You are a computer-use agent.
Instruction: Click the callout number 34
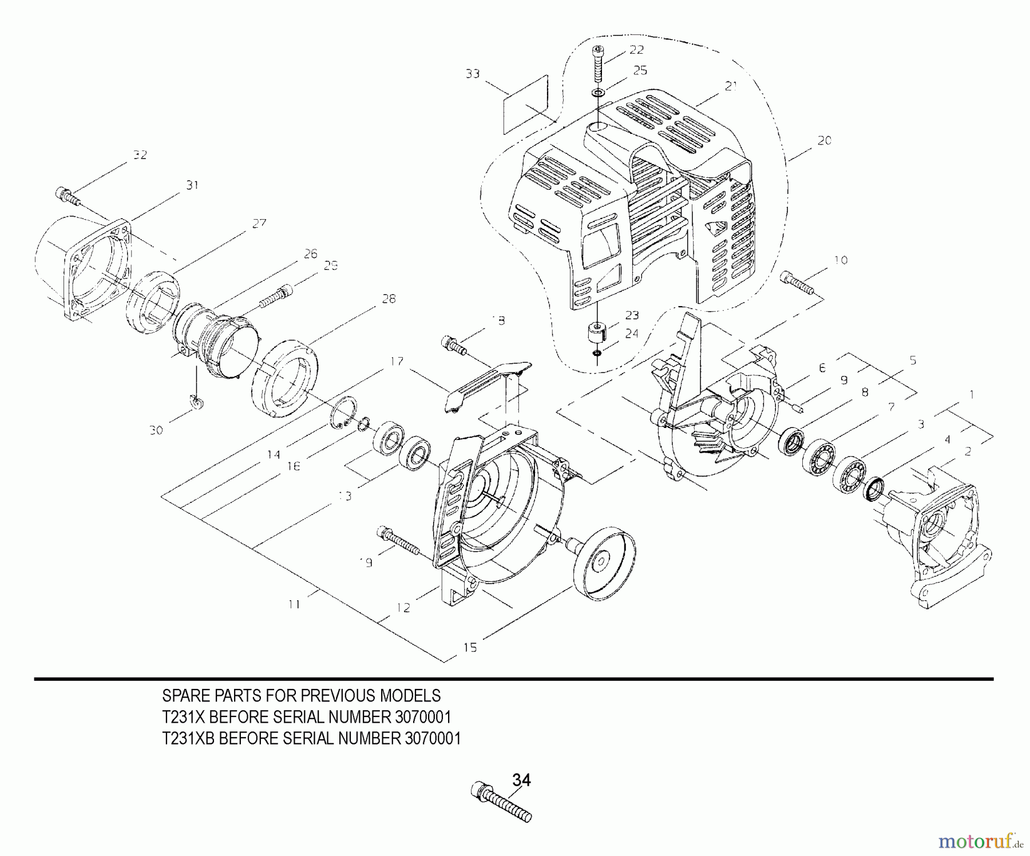(521, 780)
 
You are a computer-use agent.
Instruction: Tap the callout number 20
(824, 141)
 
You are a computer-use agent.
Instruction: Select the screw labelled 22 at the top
(599, 63)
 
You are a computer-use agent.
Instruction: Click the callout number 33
(472, 74)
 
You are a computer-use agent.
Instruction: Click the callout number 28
(389, 299)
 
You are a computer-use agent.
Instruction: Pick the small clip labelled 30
(196, 403)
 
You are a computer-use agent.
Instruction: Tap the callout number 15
(470, 647)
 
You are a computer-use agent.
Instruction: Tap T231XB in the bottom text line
(189, 739)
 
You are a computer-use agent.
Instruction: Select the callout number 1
(971, 395)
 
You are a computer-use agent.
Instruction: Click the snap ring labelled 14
(344, 411)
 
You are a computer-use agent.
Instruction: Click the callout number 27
(259, 223)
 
